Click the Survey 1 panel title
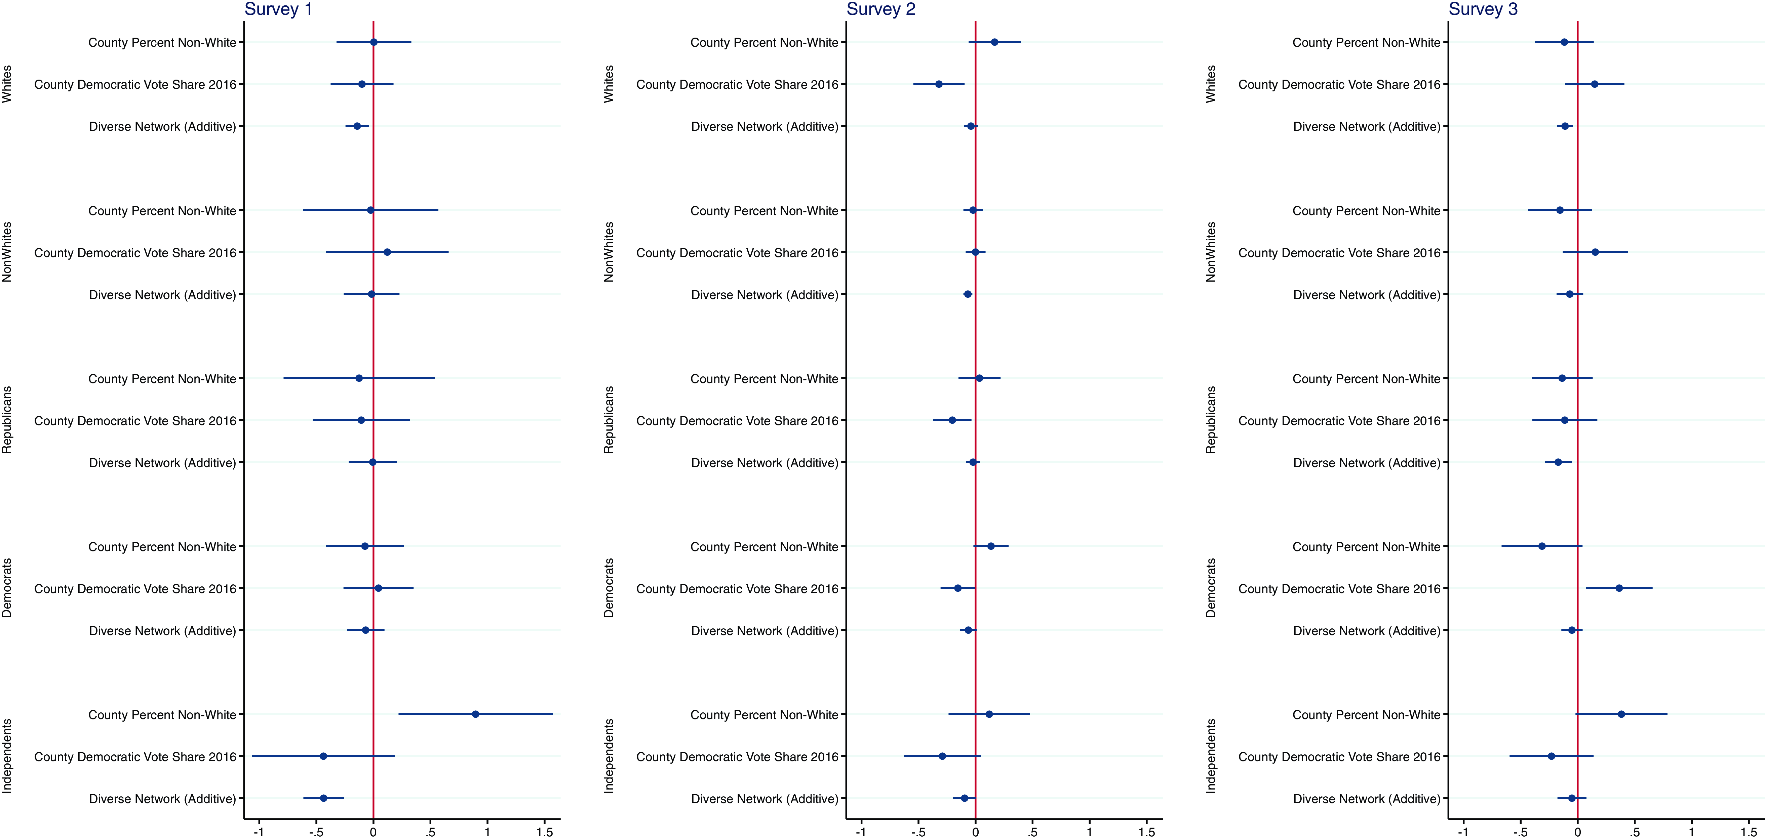click(x=278, y=10)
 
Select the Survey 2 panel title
click(x=880, y=10)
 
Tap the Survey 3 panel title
click(x=1483, y=10)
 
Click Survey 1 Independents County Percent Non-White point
click(x=475, y=714)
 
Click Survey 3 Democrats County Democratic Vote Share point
click(x=1619, y=588)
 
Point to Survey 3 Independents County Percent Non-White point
click(x=1621, y=714)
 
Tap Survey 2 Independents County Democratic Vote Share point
click(x=942, y=756)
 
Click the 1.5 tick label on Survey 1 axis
click(x=545, y=832)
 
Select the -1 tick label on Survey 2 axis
click(x=861, y=832)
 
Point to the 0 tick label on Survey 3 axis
click(x=1577, y=832)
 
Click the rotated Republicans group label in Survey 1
click(x=7, y=420)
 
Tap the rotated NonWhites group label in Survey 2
click(x=609, y=252)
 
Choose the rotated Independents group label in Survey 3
click(x=1211, y=756)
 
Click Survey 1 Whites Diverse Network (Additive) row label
click(x=162, y=127)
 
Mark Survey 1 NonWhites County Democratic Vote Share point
click(x=387, y=252)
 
